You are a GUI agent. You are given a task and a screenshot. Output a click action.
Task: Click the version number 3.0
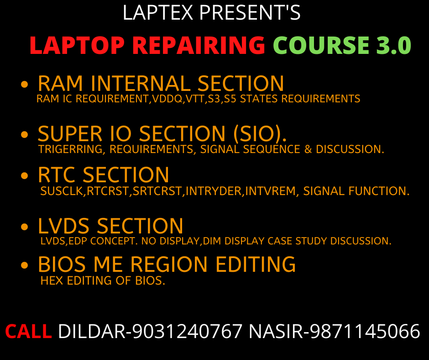point(393,46)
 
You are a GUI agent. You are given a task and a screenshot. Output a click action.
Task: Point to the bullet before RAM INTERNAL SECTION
point(26,85)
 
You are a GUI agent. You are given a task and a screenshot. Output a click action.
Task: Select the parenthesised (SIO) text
point(260,134)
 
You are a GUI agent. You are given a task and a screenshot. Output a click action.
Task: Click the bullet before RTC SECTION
point(26,176)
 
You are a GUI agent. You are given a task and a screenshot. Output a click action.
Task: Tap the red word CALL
point(28,331)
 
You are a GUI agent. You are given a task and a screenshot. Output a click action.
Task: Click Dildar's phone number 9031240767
point(187,331)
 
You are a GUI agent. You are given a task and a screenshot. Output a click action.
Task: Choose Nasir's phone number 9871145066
point(365,331)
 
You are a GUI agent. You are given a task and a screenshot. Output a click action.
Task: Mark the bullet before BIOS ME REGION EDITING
point(26,266)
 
